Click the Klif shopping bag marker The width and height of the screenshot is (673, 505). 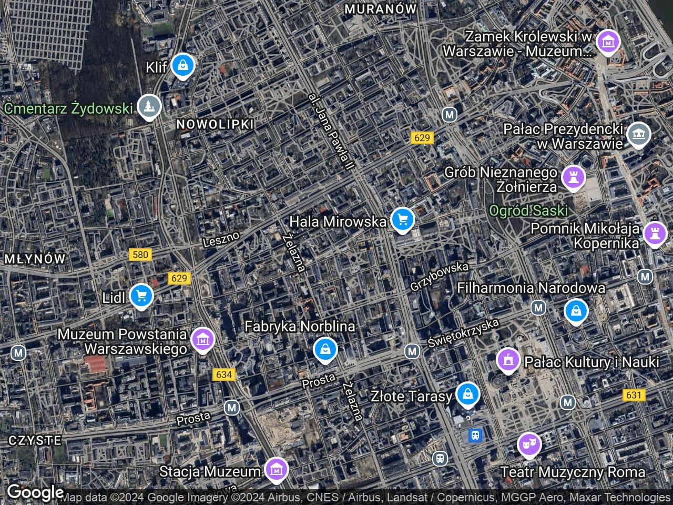coord(182,66)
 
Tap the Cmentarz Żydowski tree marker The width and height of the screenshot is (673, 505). coord(149,107)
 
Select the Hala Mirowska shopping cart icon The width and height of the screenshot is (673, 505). coord(402,219)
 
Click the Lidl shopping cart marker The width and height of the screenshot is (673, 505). coord(141,296)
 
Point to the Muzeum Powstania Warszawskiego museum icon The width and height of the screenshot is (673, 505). coord(202,340)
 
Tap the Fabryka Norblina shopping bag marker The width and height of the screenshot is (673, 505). coord(325,349)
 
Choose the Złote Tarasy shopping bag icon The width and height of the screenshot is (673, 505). coord(467,394)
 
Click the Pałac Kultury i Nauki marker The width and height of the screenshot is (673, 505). coord(508,360)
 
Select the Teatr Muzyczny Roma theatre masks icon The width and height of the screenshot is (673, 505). coord(529,445)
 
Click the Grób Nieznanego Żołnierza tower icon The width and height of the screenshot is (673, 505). coord(573,177)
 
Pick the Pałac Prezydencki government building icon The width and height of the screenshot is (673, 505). coord(638,134)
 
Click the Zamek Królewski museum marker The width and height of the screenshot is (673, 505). coord(608,42)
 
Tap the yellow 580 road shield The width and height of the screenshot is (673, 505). coord(140,255)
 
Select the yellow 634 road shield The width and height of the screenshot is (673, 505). coord(223,375)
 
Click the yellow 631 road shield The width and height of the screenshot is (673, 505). coord(634,395)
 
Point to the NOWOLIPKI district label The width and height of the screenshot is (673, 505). coord(215,124)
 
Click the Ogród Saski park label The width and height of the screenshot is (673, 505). coord(528,211)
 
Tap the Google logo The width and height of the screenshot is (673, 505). coord(35,492)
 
